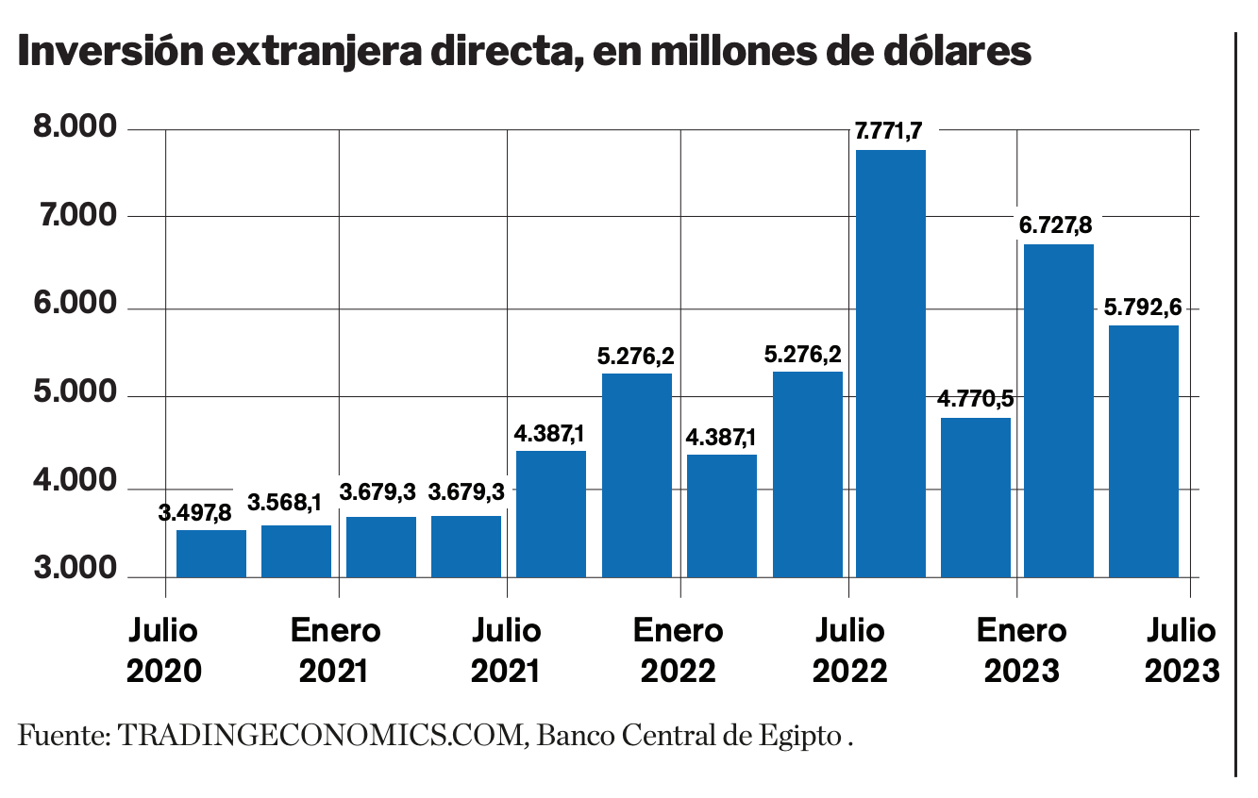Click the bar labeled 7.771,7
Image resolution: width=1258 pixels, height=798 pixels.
(x=890, y=363)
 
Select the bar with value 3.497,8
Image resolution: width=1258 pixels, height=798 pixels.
(x=211, y=554)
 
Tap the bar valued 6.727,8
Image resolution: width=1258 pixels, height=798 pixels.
(x=1059, y=410)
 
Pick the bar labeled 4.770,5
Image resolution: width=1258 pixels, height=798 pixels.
(x=976, y=497)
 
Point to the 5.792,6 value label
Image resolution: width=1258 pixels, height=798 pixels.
(x=1142, y=308)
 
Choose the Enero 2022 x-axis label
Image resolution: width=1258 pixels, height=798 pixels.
(x=679, y=650)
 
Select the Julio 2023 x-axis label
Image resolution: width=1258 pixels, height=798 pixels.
(x=1182, y=650)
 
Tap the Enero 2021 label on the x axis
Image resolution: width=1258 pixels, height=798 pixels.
(x=335, y=650)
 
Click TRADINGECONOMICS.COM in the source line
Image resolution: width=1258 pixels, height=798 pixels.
(x=322, y=735)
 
